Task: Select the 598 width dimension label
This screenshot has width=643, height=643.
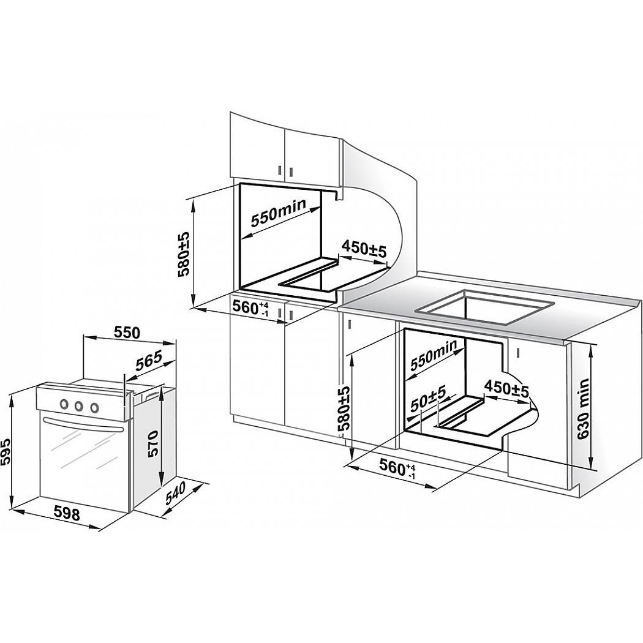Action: [x=66, y=513]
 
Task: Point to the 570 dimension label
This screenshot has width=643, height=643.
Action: [x=152, y=443]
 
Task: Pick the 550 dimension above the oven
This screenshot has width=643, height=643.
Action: [x=126, y=333]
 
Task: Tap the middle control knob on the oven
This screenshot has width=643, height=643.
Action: [x=78, y=406]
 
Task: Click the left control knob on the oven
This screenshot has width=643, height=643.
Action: [x=64, y=404]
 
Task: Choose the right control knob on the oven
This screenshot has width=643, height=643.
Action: [x=94, y=408]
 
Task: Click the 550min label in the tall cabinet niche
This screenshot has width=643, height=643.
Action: [x=279, y=213]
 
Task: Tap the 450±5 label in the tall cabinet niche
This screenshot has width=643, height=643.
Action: [x=364, y=249]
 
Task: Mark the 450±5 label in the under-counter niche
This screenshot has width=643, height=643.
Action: [x=506, y=388]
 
